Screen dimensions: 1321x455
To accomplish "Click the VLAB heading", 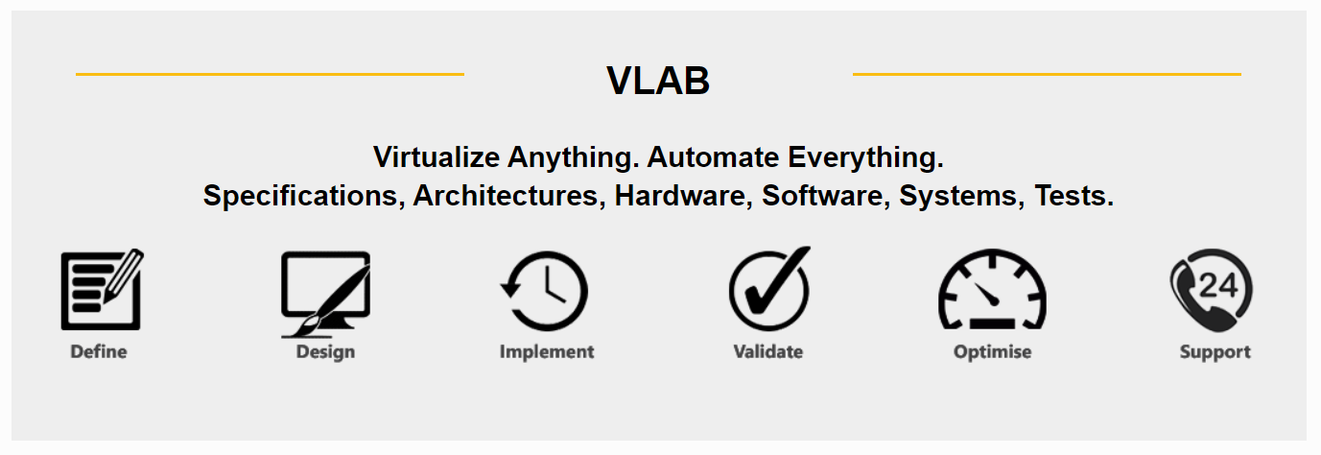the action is point(658,81).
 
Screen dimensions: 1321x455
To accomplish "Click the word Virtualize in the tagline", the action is point(437,157).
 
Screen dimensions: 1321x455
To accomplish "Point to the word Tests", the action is point(1073,195).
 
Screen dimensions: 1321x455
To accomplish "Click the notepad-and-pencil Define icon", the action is point(102,289).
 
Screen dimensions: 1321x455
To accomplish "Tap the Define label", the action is point(99,351).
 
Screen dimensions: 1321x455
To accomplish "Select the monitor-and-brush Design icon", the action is point(325,295).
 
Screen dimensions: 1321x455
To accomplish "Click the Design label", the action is point(325,352).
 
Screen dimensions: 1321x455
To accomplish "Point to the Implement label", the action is point(547,352).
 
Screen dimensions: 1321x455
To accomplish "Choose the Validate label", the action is point(767,351).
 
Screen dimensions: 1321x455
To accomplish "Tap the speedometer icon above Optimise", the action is point(993,289).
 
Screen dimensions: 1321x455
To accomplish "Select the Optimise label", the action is point(993,352).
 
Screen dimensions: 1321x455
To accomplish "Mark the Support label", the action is point(1215,352).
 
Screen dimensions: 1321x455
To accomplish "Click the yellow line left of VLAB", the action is point(271,74).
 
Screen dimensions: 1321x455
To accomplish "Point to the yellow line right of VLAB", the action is point(1047,74).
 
